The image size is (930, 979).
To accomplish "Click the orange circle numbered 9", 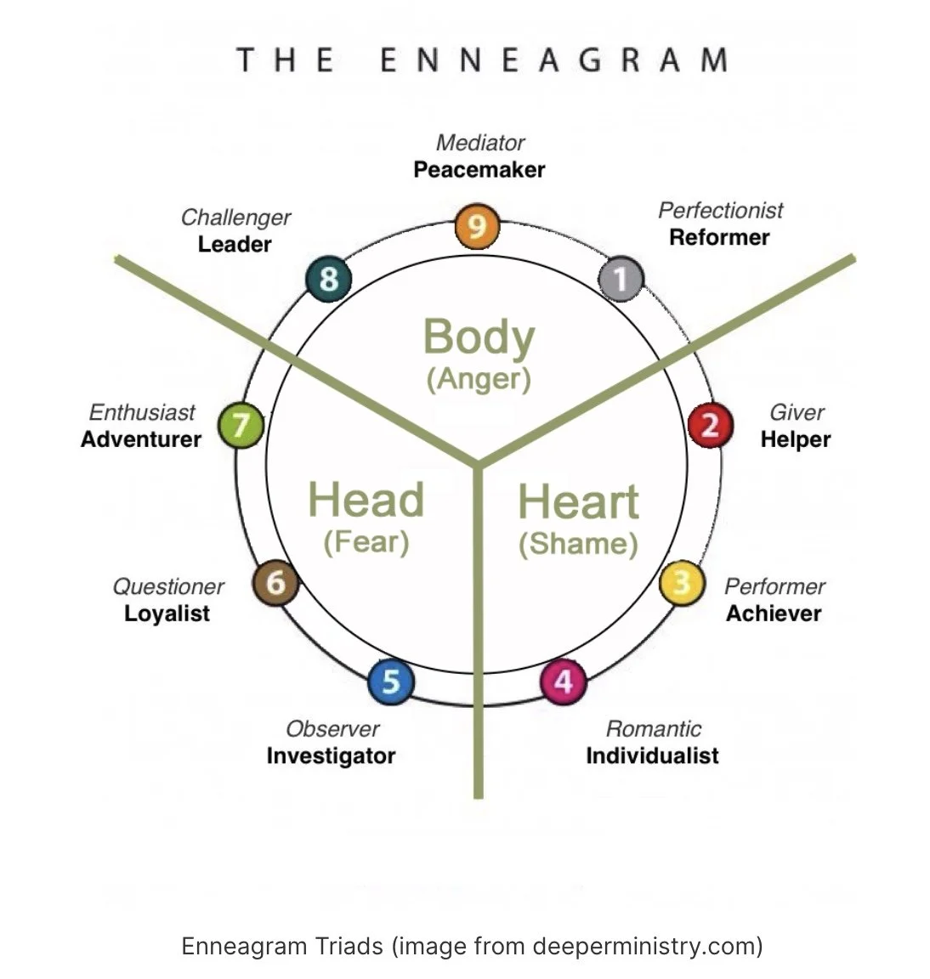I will click(x=477, y=226).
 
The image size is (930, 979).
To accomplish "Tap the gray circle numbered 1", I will click(x=621, y=278).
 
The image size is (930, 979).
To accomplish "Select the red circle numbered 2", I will click(x=710, y=424).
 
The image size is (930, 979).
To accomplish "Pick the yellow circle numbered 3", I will click(x=682, y=583).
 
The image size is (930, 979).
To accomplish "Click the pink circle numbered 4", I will click(x=564, y=681).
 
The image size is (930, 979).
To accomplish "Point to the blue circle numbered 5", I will click(x=391, y=681).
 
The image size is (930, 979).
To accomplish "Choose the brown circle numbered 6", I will click(x=275, y=583).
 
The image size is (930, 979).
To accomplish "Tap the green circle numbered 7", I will click(x=241, y=424).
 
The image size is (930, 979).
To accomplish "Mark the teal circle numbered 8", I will click(x=328, y=278).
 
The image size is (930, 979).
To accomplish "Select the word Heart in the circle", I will click(x=578, y=501).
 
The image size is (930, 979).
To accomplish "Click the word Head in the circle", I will click(x=366, y=499).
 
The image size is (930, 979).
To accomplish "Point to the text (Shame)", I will click(x=578, y=543).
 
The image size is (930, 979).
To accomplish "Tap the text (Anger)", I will click(x=479, y=378).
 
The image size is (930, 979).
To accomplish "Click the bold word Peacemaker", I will click(x=479, y=170).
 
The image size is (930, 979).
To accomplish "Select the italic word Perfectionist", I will click(x=721, y=210).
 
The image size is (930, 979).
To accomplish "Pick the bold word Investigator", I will click(x=331, y=755).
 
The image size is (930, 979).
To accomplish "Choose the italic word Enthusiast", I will click(x=142, y=412).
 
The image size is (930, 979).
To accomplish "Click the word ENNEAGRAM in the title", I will click(x=553, y=61).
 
